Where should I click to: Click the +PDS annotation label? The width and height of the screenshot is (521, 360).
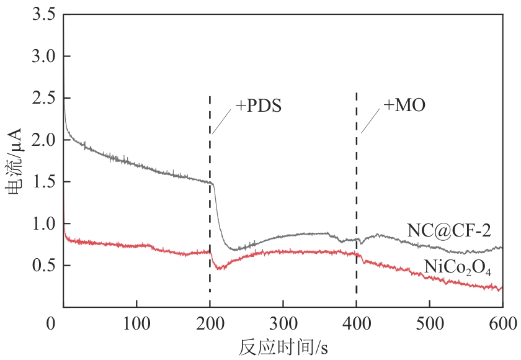[259, 106]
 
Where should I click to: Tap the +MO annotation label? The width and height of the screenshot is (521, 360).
[404, 106]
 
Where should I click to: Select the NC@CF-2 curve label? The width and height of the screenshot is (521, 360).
[449, 231]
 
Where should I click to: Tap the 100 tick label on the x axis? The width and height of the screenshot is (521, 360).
[136, 323]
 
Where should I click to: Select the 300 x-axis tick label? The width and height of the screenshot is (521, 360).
[283, 323]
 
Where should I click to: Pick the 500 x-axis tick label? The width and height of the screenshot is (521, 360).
[429, 323]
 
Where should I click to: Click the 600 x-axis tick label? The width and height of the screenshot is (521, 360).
[501, 323]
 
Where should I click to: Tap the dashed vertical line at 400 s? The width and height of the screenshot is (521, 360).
[356, 186]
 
